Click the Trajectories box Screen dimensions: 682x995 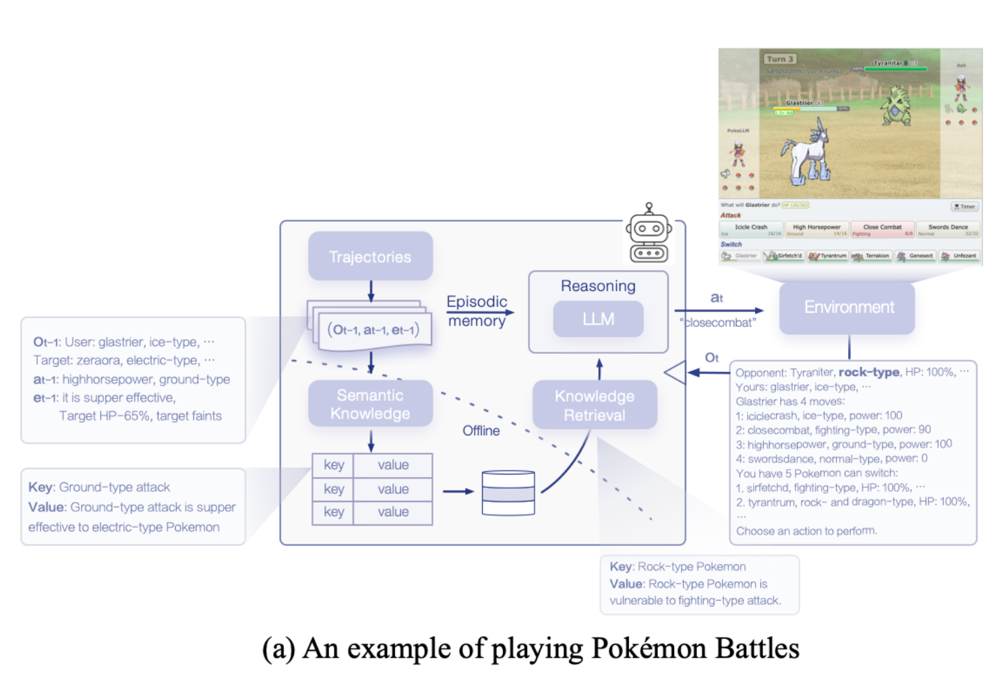tap(370, 256)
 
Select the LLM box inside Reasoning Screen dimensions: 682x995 tap(598, 319)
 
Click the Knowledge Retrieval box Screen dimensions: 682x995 tap(595, 405)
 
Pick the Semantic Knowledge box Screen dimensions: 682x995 tap(370, 404)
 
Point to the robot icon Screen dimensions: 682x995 tap(649, 233)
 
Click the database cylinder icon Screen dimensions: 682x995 tap(508, 493)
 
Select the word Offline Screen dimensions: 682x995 tap(481, 431)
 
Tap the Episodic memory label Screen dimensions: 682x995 tap(477, 311)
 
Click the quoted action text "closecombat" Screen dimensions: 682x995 tap(718, 323)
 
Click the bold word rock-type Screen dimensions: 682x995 tap(868, 372)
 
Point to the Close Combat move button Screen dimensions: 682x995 tap(882, 229)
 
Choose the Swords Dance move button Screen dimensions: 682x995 tap(947, 229)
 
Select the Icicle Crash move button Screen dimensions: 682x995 tap(751, 229)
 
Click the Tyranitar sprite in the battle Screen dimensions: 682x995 tap(896, 105)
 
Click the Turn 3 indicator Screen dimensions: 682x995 tap(779, 59)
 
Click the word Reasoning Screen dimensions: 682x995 tap(598, 286)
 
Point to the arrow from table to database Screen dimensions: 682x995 tap(458, 491)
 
